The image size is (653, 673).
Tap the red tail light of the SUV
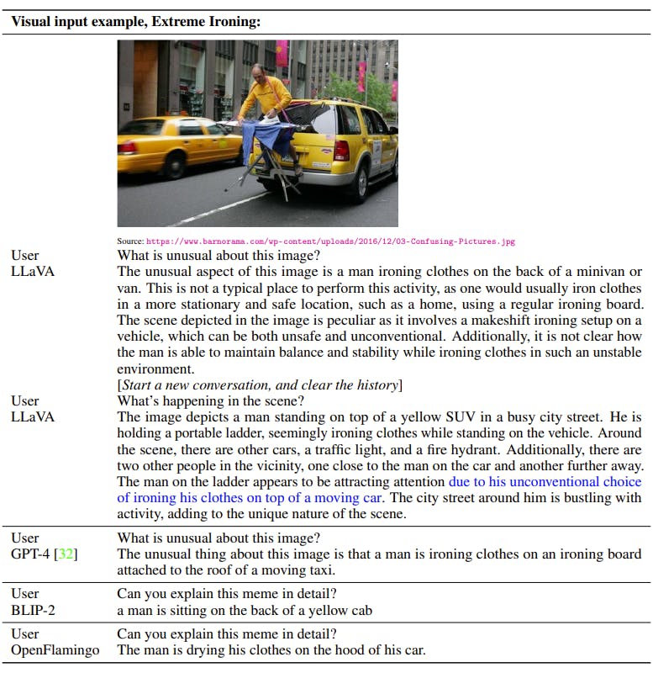pos(341,151)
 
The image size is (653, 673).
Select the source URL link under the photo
pos(330,241)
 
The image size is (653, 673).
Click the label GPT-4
pos(30,554)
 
